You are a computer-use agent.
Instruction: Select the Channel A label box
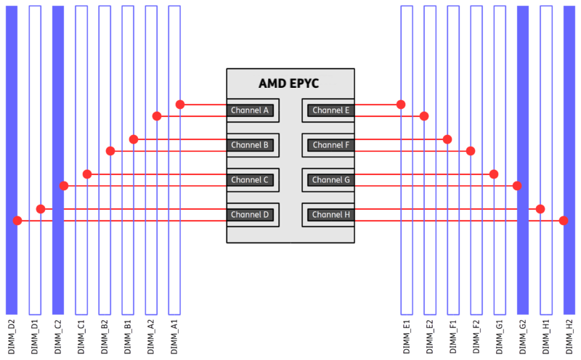pos(250,110)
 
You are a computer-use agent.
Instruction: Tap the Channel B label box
pos(250,145)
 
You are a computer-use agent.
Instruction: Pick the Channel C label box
pos(250,180)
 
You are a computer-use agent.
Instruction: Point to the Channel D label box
pos(250,215)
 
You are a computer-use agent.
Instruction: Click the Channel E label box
pos(331,110)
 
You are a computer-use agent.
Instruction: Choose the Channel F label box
pos(331,145)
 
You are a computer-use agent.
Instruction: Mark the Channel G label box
pos(331,180)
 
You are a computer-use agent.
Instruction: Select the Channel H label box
pos(331,215)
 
